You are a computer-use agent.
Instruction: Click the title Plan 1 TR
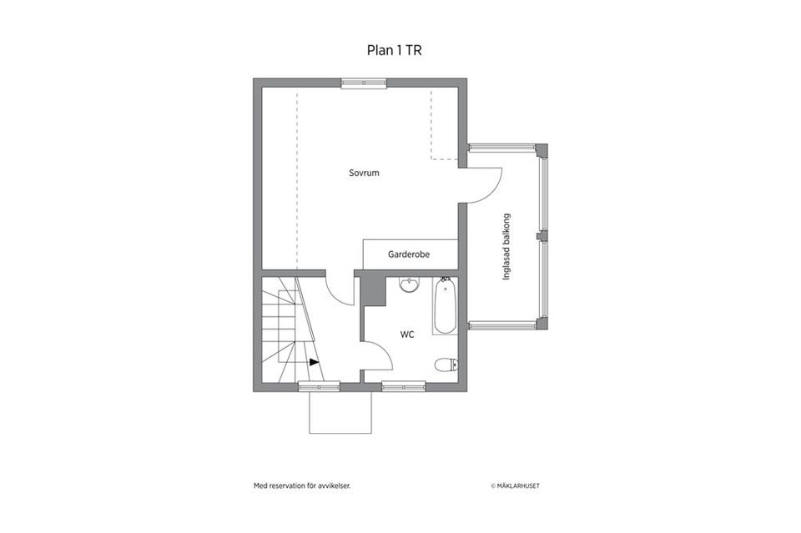point(395,51)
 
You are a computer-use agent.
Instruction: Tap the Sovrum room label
point(365,173)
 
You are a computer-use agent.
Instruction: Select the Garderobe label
point(409,254)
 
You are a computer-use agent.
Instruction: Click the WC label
point(407,334)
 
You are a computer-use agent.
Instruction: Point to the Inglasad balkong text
point(506,247)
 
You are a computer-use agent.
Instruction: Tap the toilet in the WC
point(446,365)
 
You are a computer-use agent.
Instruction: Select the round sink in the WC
point(409,285)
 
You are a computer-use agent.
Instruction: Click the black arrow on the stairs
point(315,362)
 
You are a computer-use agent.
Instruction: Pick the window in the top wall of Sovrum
point(364,83)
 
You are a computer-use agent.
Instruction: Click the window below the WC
point(404,386)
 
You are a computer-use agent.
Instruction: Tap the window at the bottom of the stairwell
point(320,386)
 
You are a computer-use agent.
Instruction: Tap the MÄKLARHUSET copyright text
point(515,486)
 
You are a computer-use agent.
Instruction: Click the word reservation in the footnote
point(287,486)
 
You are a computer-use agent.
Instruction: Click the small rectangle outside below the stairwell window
point(340,413)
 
